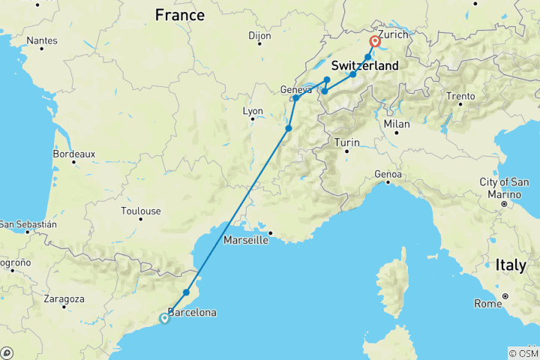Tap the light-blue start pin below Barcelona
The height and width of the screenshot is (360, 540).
[x=164, y=318]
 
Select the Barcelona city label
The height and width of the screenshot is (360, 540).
[x=193, y=312]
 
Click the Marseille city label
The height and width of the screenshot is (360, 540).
[x=246, y=241]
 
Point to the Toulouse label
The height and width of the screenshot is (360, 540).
[x=140, y=211]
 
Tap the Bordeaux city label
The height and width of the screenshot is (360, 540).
[x=74, y=154]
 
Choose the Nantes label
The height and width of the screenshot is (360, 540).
[x=41, y=40]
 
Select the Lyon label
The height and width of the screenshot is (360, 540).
[x=253, y=111]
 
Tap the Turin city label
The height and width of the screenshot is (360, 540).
[x=346, y=142]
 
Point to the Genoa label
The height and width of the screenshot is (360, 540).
[x=388, y=175]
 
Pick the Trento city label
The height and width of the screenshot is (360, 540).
[x=460, y=96]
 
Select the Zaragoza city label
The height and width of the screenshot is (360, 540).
[x=64, y=298]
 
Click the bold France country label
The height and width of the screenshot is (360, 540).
[x=180, y=15]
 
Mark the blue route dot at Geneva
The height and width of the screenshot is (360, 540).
[x=296, y=98]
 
